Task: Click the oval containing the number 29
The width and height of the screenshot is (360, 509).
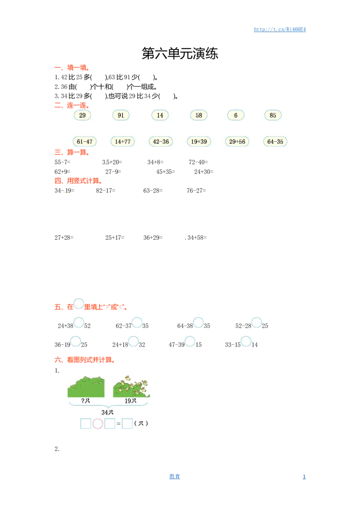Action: coord(82,115)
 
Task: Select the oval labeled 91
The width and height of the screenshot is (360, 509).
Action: coord(121,115)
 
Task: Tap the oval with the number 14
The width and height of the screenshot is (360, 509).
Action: coord(160,115)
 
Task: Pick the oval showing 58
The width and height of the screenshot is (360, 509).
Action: coord(199,115)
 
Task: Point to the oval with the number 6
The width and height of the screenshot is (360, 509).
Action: coord(235,115)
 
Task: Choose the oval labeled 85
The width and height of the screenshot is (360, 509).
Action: coord(273,115)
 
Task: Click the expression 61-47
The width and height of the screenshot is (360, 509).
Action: coord(84,142)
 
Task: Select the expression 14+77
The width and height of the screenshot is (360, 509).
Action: coord(122,142)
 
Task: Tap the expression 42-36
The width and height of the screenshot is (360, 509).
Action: coord(161,142)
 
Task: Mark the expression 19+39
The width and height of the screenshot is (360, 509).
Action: coord(199,142)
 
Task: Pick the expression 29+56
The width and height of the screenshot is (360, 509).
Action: coord(237,142)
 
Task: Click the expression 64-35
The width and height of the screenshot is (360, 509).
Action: coord(275,142)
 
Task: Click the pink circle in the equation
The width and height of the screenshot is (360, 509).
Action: coord(98,424)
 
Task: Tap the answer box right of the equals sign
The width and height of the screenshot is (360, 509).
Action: coord(127,424)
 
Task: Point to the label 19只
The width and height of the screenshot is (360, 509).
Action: coord(130,401)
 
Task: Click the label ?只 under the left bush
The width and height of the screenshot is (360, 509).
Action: coord(85,401)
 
